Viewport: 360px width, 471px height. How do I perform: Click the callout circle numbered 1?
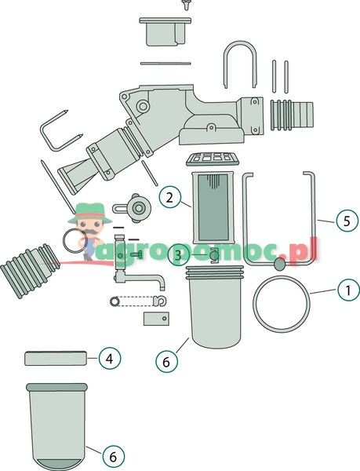pos(348,290)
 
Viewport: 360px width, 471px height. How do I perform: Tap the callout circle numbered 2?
pos(169,197)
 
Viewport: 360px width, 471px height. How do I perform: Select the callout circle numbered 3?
pos(179,256)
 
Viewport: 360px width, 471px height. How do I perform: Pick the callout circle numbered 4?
pos(110,359)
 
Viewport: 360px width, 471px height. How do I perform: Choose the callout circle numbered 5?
pos(347,221)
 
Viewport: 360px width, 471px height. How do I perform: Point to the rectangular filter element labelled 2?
pos(213,207)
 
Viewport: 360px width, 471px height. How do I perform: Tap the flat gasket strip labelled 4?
pos(56,359)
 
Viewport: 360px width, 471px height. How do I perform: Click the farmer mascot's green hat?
pos(90,214)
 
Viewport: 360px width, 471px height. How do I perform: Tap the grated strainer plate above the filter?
pos(213,159)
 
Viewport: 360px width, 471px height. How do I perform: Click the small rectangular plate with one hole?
pos(156,319)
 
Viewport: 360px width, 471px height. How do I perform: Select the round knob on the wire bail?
pos(280,264)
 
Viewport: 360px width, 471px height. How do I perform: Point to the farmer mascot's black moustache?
pos(91,232)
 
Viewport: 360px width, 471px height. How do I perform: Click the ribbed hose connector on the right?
pos(292,115)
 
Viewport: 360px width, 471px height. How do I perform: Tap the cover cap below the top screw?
pos(165,31)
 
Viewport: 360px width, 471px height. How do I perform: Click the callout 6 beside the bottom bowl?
pos(113,457)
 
